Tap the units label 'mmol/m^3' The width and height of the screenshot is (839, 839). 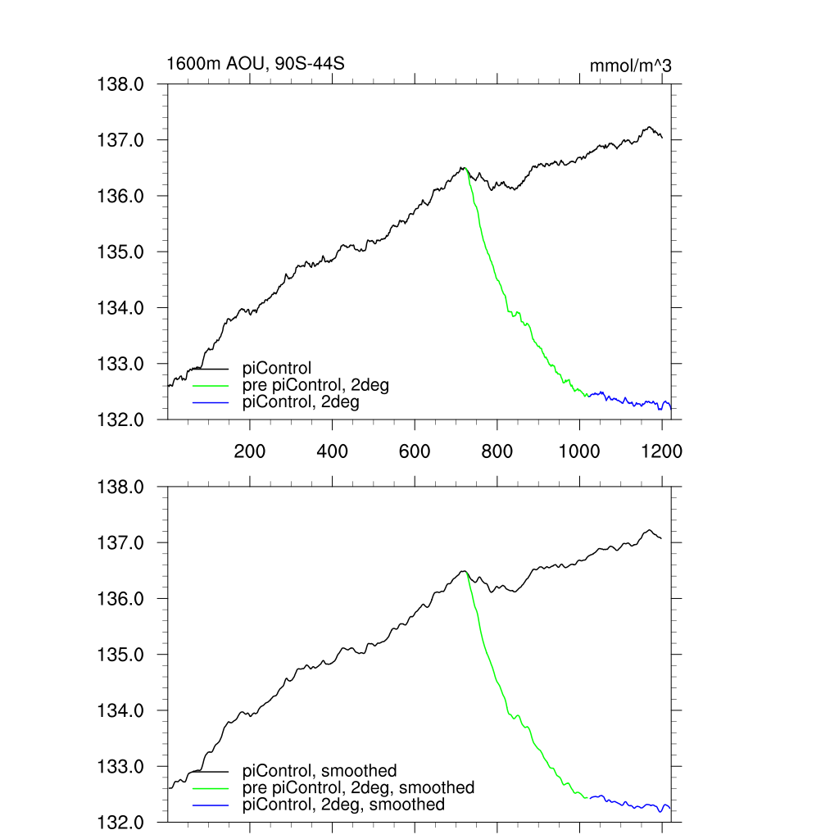pos(630,66)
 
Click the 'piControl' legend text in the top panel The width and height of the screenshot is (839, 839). pos(277,369)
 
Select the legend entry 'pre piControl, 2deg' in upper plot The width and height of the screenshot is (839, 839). pos(315,385)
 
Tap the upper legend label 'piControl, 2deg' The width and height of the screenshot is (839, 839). pos(301,402)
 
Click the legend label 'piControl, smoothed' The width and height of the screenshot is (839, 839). pos(320,771)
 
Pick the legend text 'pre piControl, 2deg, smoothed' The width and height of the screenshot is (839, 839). pos(358,787)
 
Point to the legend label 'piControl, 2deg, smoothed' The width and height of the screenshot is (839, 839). pos(343,805)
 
